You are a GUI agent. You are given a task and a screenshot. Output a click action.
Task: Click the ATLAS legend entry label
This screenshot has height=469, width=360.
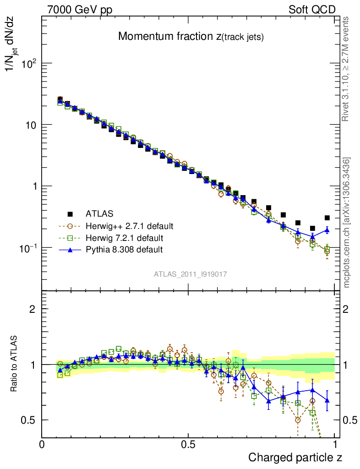[x=99, y=213]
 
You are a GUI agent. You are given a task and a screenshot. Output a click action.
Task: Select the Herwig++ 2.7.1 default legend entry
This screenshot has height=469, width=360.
[x=129, y=226]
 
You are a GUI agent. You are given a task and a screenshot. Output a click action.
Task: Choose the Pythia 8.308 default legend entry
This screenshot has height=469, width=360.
[x=124, y=250]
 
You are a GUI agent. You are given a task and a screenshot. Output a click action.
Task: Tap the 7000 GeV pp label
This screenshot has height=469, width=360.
[x=79, y=10]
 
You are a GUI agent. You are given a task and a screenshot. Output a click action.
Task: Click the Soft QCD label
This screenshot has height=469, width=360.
[x=312, y=10]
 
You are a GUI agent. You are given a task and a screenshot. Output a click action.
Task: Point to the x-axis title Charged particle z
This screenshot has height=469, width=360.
[x=295, y=457]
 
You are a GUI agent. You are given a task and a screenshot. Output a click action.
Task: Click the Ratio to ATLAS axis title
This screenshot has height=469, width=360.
[x=15, y=365]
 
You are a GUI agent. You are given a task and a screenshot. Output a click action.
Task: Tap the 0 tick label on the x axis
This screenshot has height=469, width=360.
[x=42, y=444]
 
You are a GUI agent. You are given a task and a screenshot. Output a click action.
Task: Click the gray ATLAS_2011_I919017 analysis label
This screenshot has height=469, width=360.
[x=191, y=274]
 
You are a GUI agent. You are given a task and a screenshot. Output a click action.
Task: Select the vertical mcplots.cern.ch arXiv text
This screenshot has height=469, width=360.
[x=348, y=223]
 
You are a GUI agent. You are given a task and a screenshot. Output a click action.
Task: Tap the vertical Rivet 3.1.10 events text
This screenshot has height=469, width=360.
[x=347, y=69]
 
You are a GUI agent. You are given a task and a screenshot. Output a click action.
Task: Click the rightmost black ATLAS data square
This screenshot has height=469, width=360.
[x=327, y=218]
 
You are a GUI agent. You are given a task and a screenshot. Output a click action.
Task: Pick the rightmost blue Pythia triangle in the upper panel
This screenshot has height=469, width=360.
[x=327, y=229]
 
